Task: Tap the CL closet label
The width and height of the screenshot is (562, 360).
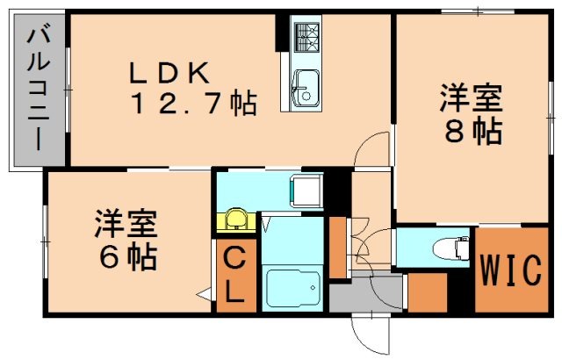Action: coord(236,276)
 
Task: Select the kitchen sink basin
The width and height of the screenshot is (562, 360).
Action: coord(304,84)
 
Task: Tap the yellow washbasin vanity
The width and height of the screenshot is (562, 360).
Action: coord(234,220)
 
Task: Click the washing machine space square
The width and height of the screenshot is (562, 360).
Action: coord(308,189)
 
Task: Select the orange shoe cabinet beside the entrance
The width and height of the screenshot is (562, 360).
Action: coord(428,293)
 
